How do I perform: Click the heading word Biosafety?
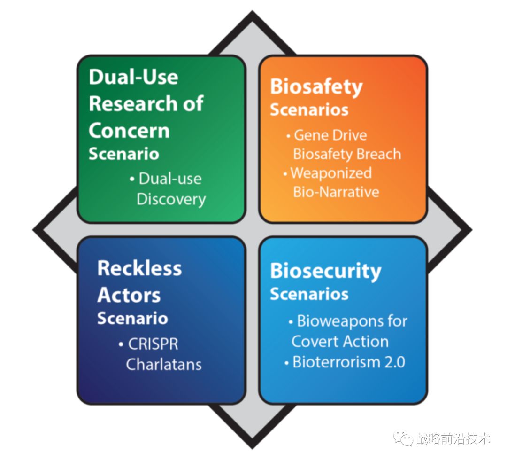click(x=316, y=87)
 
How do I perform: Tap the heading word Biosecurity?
click(x=325, y=271)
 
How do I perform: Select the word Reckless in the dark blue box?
click(x=139, y=268)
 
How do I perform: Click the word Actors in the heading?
click(x=129, y=295)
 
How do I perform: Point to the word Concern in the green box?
click(x=129, y=130)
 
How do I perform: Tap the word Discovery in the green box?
click(x=171, y=199)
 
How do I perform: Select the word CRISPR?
click(x=154, y=344)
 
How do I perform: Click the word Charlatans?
click(x=164, y=364)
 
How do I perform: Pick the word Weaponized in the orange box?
click(x=331, y=173)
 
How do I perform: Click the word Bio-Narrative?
click(x=336, y=192)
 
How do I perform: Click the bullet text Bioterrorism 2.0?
click(x=349, y=362)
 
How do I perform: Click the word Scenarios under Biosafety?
click(x=309, y=109)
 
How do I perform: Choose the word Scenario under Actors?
click(x=132, y=318)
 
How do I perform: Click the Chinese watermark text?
click(x=453, y=438)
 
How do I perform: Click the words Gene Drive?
click(x=330, y=135)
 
